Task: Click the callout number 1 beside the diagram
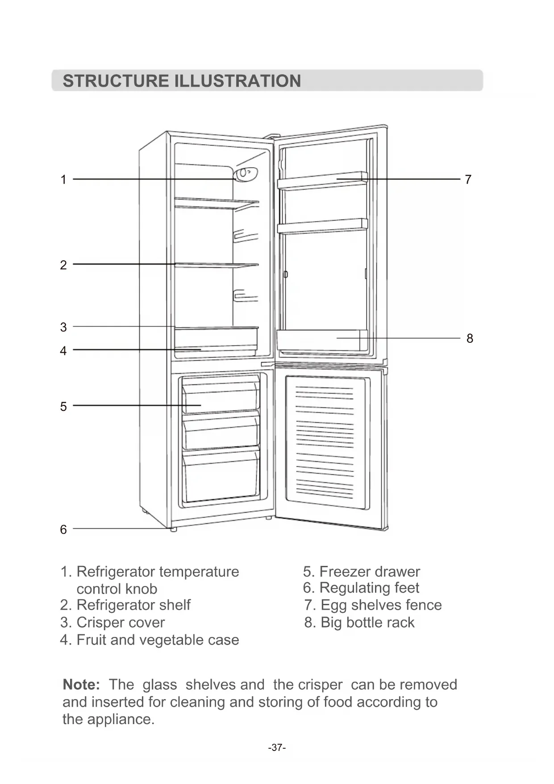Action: click(63, 180)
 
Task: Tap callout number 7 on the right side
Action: click(468, 180)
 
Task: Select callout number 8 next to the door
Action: click(470, 338)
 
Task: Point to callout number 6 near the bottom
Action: click(63, 530)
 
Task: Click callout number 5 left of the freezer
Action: click(63, 407)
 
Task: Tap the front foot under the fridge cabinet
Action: click(173, 529)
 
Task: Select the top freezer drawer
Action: click(221, 396)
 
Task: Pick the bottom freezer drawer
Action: click(221, 476)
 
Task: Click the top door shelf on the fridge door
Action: click(322, 181)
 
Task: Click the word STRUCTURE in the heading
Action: click(115, 81)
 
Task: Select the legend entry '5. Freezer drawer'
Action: click(361, 572)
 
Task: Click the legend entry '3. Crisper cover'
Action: click(112, 623)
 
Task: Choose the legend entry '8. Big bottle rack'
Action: click(359, 623)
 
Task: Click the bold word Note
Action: click(81, 685)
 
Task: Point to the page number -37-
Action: click(277, 747)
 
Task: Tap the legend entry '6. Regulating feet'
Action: click(361, 588)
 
